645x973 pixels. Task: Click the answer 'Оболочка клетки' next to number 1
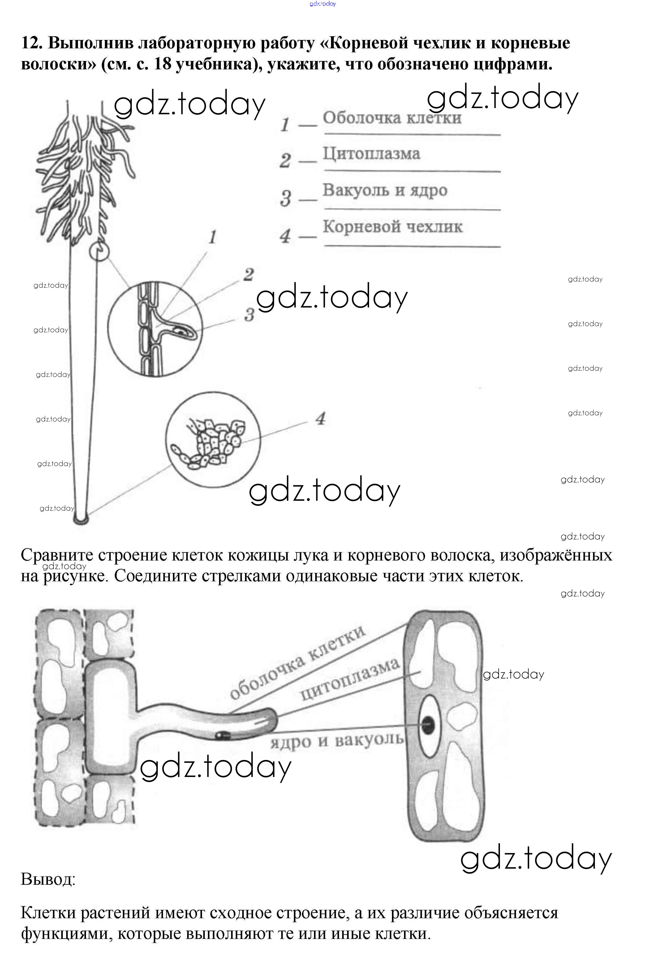(392, 118)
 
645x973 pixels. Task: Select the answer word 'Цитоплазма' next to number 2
(371, 154)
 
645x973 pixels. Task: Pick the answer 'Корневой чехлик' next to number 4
(393, 227)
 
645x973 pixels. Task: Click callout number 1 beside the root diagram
(212, 237)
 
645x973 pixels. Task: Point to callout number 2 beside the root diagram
(248, 275)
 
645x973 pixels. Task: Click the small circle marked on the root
(99, 251)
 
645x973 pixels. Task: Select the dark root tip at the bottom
(81, 520)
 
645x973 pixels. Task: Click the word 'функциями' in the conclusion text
(65, 934)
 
